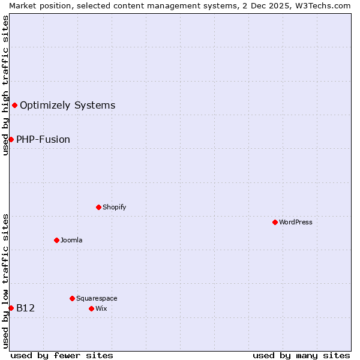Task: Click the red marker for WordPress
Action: [x=275, y=222]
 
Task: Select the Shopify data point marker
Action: [x=98, y=207]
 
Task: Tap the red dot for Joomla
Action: [x=56, y=240]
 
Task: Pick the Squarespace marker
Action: [x=72, y=298]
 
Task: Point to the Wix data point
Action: [x=91, y=308]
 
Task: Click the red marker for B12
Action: [x=11, y=308]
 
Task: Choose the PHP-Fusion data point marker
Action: [x=11, y=139]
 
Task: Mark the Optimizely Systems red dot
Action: [x=14, y=106]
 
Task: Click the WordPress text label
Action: [x=296, y=222]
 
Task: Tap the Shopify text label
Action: [x=114, y=207]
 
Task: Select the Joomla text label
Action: [x=71, y=240]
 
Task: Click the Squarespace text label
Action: [x=97, y=298]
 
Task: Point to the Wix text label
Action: [x=101, y=308]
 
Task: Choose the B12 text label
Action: [x=26, y=308]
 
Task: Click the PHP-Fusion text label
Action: [x=43, y=139]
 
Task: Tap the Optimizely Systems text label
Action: [x=67, y=106]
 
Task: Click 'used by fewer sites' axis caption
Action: [x=62, y=355]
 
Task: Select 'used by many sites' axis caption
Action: [x=301, y=355]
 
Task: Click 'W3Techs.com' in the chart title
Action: [x=327, y=5]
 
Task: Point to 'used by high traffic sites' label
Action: [x=5, y=85]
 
